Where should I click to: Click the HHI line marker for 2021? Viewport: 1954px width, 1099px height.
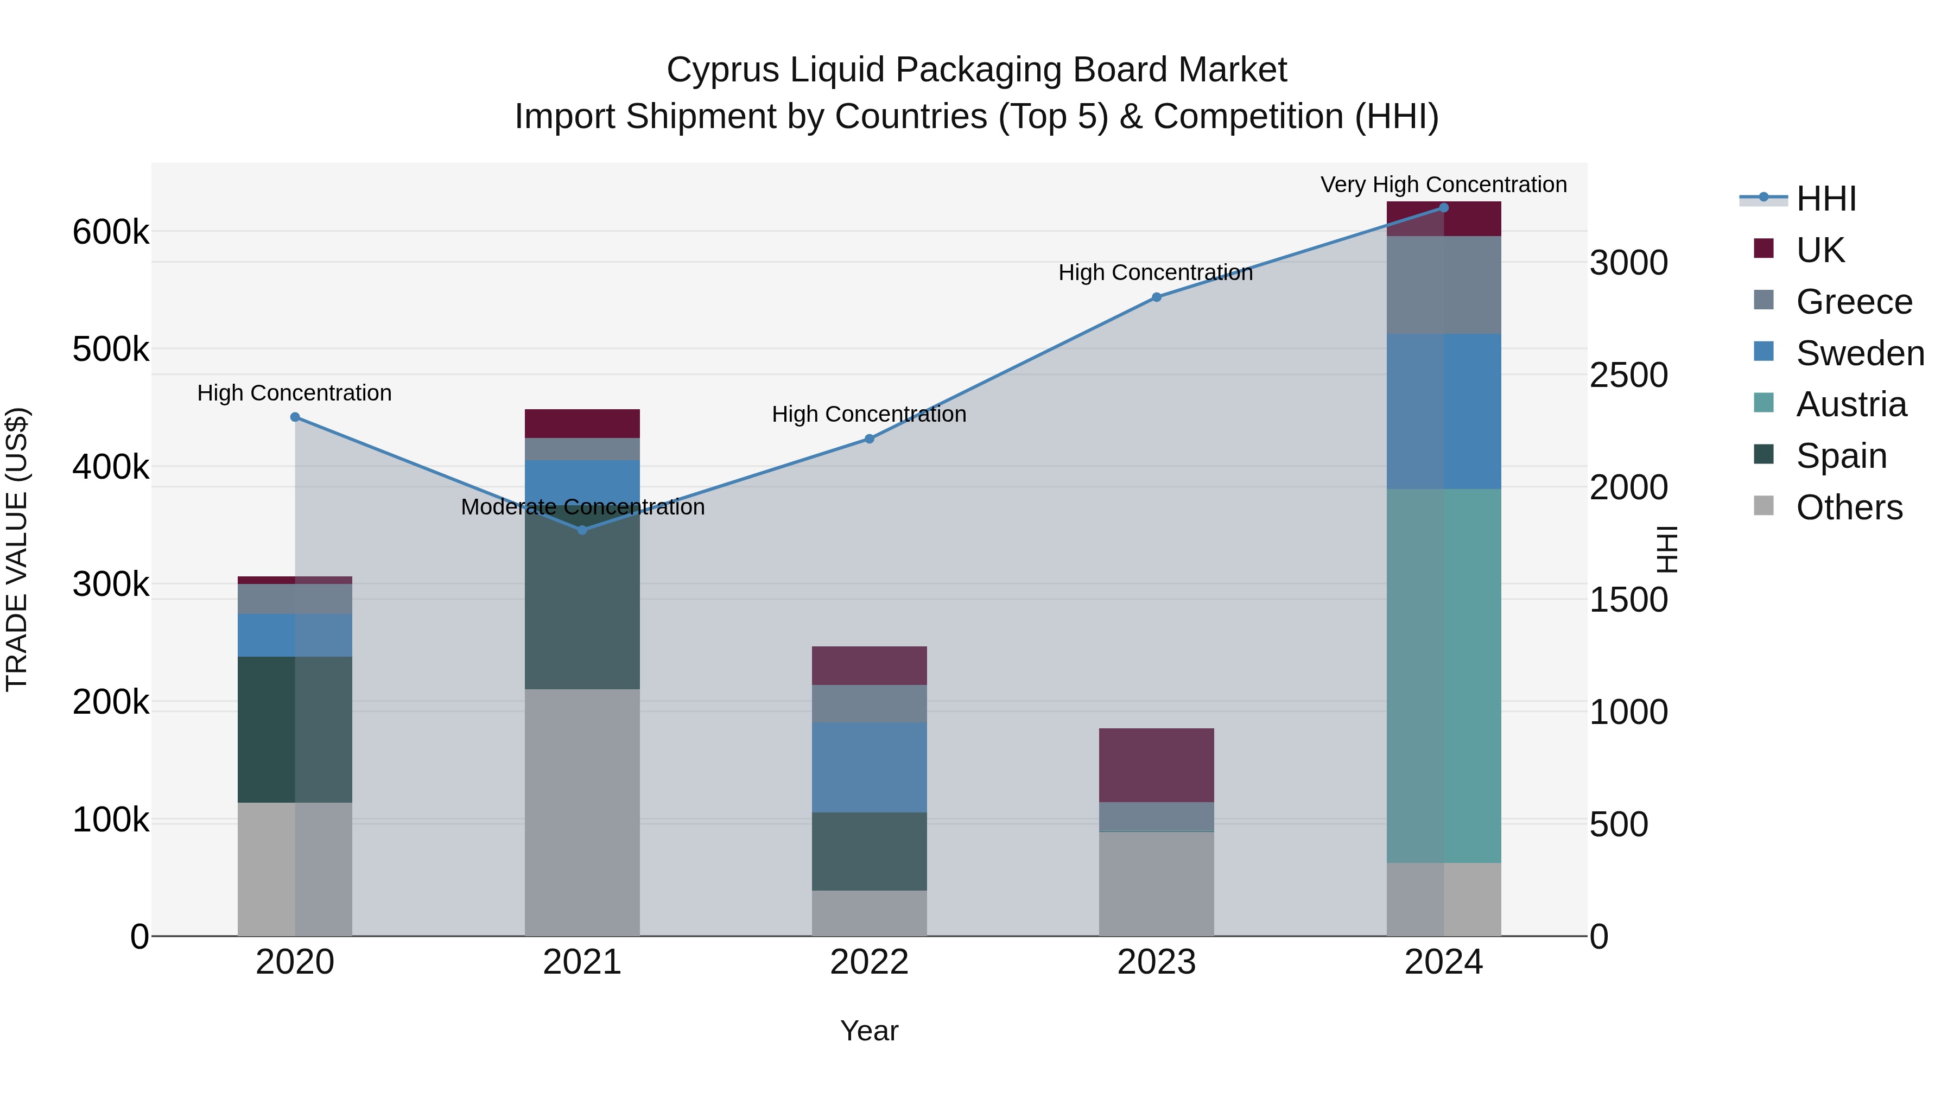(582, 530)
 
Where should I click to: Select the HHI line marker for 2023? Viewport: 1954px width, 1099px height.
(1156, 297)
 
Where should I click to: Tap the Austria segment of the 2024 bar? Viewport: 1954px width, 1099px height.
(1443, 675)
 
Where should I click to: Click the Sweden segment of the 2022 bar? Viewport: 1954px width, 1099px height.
(870, 767)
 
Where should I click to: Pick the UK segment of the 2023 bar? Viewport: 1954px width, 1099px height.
(1156, 765)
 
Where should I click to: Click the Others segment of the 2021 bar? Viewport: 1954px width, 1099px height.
(582, 811)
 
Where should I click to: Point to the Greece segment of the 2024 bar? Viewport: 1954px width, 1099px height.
(1443, 284)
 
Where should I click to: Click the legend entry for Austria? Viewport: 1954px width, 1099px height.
(1850, 404)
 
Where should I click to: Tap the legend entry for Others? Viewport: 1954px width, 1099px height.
(1849, 507)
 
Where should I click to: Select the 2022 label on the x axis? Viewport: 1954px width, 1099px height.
(870, 962)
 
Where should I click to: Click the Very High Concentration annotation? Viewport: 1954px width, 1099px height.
(1443, 185)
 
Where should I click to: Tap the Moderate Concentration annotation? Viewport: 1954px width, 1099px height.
(582, 507)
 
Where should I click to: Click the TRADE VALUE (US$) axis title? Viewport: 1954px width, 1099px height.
(17, 549)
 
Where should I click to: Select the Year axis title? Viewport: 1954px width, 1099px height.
(870, 1031)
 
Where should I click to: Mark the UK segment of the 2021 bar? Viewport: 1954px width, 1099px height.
(582, 423)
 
